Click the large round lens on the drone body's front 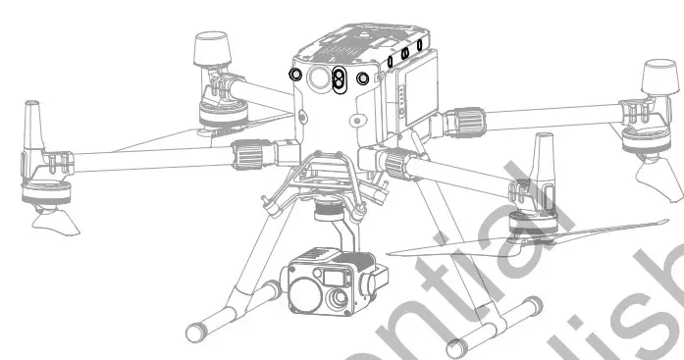[x=318, y=81]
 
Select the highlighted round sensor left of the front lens [x=294, y=75]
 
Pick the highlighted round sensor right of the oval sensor [x=363, y=77]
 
